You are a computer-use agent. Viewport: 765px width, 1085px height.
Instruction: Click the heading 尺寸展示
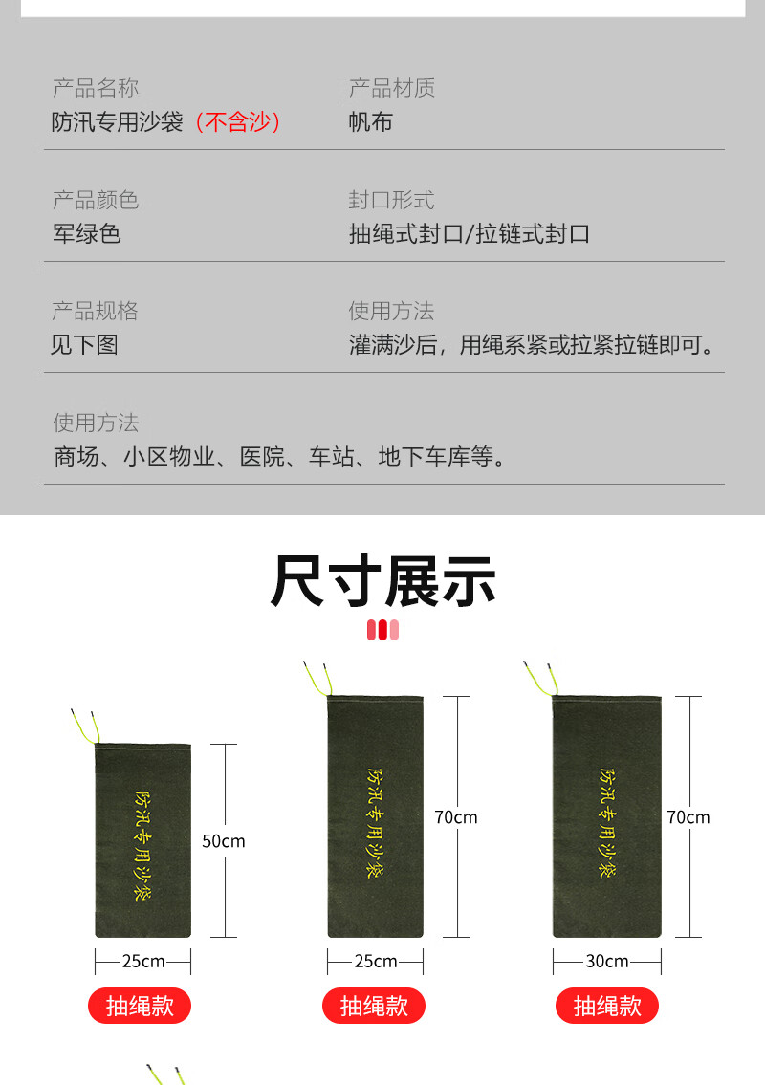[382, 581]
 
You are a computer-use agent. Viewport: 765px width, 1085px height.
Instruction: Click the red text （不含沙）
[238, 122]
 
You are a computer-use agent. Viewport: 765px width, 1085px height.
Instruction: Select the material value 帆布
[370, 122]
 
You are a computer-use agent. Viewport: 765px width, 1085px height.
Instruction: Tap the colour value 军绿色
[86, 234]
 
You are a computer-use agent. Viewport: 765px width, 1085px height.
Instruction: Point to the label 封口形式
[391, 200]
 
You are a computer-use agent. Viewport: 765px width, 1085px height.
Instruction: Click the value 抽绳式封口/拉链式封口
[469, 234]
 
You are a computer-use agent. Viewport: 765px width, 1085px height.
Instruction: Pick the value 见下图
[84, 345]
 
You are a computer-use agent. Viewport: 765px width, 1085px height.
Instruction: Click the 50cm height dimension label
[224, 841]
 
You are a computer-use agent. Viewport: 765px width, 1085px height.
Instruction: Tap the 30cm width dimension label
[606, 961]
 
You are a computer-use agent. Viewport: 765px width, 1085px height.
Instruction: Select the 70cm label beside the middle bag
[456, 817]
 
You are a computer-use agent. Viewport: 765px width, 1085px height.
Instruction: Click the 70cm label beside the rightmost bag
[688, 817]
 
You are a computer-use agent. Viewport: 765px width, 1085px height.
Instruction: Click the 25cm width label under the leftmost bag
[142, 961]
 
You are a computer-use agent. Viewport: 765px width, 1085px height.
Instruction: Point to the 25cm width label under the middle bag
[375, 961]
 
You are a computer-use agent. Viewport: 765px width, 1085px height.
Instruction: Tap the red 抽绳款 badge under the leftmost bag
[140, 1006]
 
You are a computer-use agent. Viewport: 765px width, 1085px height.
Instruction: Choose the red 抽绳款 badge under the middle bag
[374, 1006]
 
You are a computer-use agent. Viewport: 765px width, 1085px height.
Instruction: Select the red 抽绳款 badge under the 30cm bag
[607, 1006]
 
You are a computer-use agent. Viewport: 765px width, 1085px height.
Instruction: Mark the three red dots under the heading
[382, 630]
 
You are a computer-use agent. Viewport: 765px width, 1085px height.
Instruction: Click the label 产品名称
[95, 88]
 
